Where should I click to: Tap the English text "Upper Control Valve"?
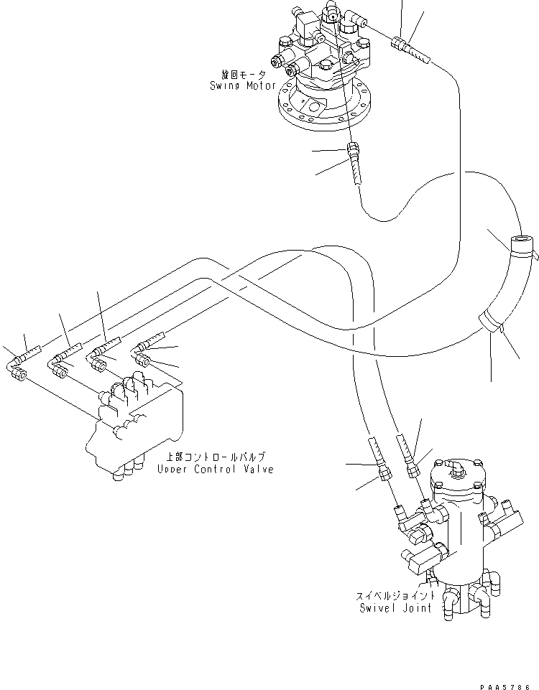click(x=215, y=469)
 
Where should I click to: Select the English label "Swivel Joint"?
click(x=395, y=607)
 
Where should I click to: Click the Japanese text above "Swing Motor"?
click(x=243, y=75)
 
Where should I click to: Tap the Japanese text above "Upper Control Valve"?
click(x=216, y=457)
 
